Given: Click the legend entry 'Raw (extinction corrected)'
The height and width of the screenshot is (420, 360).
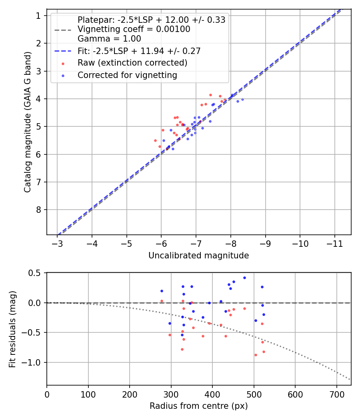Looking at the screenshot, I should pyautogui.click(x=132, y=63).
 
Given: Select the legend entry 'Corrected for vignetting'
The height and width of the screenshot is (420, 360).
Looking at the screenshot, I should pyautogui.click(x=127, y=75).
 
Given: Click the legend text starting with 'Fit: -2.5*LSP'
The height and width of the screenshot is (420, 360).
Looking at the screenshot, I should pyautogui.click(x=139, y=51).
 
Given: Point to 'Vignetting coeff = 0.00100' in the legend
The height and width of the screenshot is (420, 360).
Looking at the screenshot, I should pyautogui.click(x=134, y=29).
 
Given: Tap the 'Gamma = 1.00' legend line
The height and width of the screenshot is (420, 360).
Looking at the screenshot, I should pyautogui.click(x=109, y=39).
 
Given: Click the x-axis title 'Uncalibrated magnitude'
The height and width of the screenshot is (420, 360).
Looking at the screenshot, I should pyautogui.click(x=198, y=256).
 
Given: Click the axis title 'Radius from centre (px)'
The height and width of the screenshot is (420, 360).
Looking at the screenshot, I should pyautogui.click(x=198, y=406).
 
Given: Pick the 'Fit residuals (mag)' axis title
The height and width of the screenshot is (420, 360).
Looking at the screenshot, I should pyautogui.click(x=13, y=329).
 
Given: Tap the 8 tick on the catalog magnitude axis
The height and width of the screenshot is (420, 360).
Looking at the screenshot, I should pyautogui.click(x=39, y=210).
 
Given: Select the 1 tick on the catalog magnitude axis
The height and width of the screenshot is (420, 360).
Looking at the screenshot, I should pyautogui.click(x=39, y=16).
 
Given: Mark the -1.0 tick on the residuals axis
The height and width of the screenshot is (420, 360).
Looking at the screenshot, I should pyautogui.click(x=34, y=362).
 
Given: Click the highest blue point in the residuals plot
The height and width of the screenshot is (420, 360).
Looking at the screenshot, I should pyautogui.click(x=244, y=278).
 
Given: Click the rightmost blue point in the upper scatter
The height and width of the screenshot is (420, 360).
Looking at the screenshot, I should pyautogui.click(x=242, y=99).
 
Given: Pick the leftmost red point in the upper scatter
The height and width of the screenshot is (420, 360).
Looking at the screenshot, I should pyautogui.click(x=155, y=140).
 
